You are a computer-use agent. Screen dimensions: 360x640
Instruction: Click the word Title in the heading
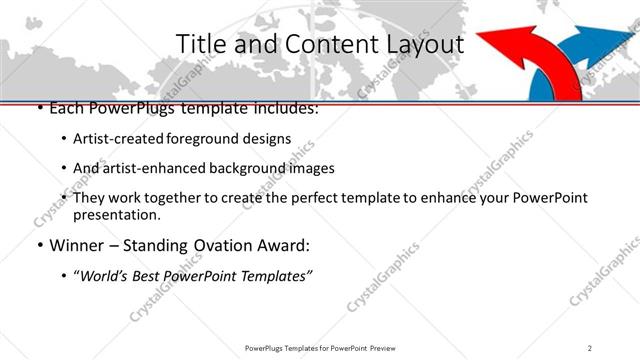(199, 45)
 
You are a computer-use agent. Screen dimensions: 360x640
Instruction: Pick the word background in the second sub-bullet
(258, 168)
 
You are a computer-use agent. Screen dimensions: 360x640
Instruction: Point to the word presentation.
(116, 214)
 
